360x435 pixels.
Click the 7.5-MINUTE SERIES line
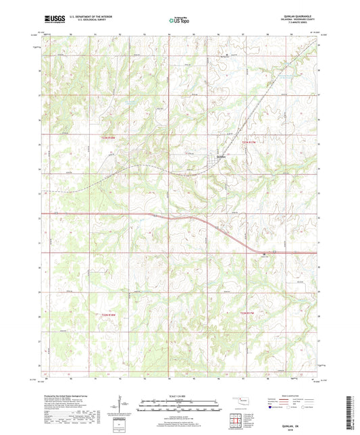[x=300, y=24]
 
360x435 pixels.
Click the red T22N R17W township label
[x=249, y=312]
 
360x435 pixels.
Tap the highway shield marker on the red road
[x=263, y=253]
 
